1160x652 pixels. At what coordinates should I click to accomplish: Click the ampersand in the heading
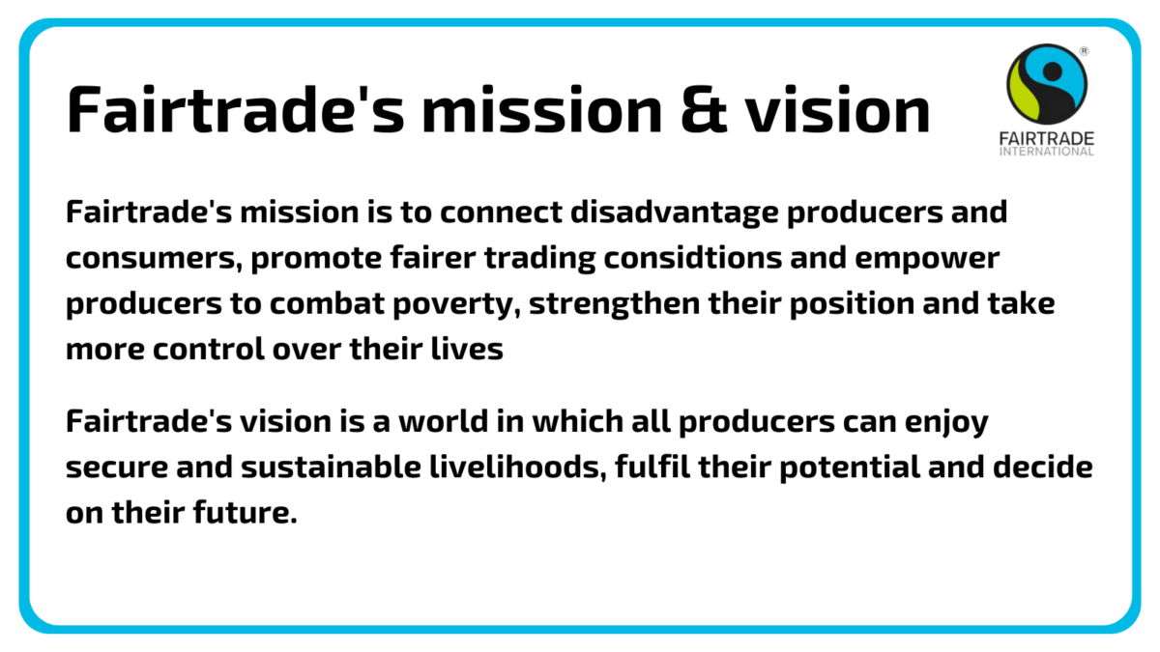704,110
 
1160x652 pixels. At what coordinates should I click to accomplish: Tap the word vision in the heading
838,108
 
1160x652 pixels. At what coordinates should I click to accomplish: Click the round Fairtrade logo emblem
1047,84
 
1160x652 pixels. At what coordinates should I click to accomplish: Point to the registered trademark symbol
1084,50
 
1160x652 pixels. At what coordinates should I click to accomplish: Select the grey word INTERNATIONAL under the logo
1047,151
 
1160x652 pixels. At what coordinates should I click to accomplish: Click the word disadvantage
675,213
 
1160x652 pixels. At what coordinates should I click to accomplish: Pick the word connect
501,213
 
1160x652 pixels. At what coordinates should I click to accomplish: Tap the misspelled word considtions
692,259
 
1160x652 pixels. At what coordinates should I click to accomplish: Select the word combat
327,303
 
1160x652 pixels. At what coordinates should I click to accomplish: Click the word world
444,421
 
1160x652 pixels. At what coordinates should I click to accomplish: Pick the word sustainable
331,467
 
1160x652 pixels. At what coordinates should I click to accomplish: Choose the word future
246,512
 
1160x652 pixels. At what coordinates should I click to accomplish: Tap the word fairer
433,258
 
